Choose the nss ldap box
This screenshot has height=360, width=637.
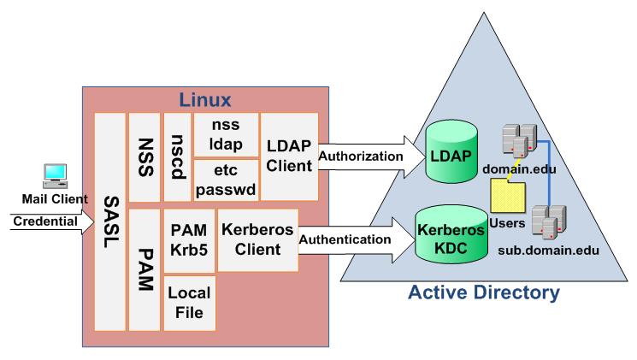tap(222, 132)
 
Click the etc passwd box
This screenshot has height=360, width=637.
tap(222, 180)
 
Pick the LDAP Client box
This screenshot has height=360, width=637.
tap(288, 156)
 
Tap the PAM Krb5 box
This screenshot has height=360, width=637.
tap(188, 239)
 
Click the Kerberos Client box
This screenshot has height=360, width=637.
tap(257, 239)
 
